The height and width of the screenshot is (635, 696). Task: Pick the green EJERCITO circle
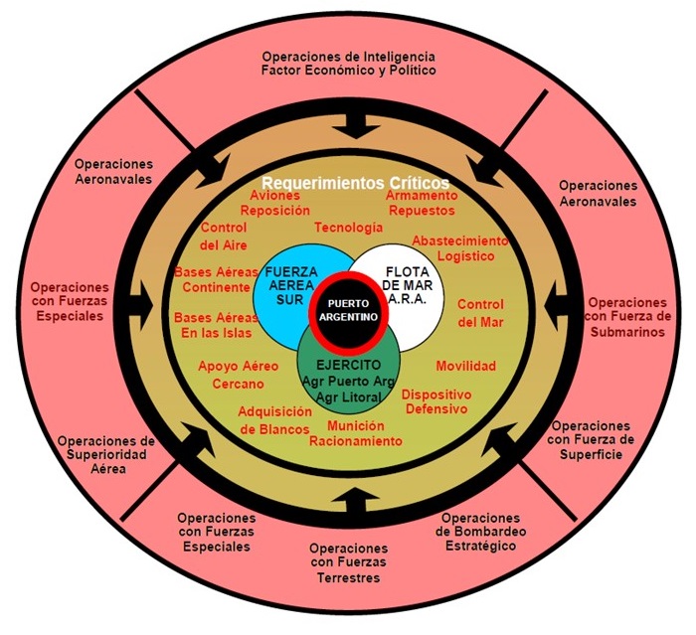pos(349,372)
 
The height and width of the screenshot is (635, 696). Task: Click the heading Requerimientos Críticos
pos(355,184)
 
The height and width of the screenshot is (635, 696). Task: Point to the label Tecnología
pos(348,228)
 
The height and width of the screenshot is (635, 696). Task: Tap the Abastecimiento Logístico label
pos(459,247)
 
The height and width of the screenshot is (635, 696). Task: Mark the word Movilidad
pos(465,367)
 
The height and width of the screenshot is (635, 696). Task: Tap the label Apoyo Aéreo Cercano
pos(238,375)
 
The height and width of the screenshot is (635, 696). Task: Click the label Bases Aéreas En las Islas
pos(215,324)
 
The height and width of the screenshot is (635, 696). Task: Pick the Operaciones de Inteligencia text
pos(348,57)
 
